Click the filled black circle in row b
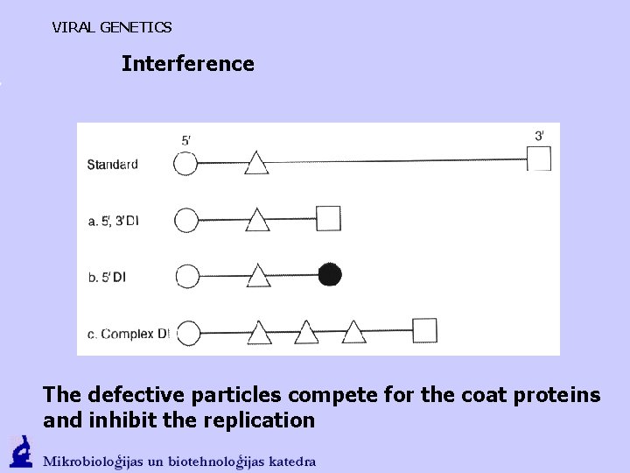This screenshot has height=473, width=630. pyautogui.click(x=330, y=275)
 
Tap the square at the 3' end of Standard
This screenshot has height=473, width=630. pyautogui.click(x=539, y=159)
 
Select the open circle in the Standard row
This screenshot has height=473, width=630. pyautogui.click(x=186, y=164)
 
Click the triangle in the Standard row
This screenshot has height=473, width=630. pyautogui.click(x=256, y=163)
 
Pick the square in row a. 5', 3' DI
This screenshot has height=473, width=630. pyautogui.click(x=328, y=217)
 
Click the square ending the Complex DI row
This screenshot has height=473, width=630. pyautogui.click(x=424, y=331)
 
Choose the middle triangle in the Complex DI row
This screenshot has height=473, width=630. pyautogui.click(x=306, y=333)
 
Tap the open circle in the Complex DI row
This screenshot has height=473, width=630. pyautogui.click(x=187, y=333)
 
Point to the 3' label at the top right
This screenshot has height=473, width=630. pyautogui.click(x=540, y=135)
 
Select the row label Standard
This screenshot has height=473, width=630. pyautogui.click(x=112, y=165)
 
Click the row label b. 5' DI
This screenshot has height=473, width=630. pyautogui.click(x=107, y=277)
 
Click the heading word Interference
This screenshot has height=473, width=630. pyautogui.click(x=188, y=64)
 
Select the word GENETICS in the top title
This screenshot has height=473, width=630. pyautogui.click(x=136, y=27)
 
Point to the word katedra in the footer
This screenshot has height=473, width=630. pyautogui.click(x=289, y=461)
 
